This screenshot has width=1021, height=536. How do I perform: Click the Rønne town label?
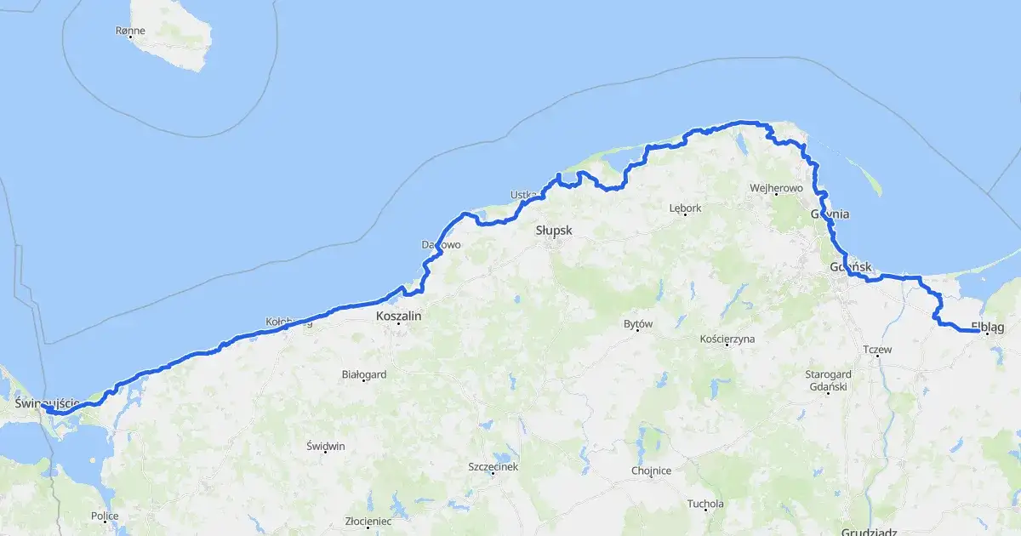130,31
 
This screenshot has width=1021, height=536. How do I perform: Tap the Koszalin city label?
398,315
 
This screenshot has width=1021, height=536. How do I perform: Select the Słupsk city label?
554,231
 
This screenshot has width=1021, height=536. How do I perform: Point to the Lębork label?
685,208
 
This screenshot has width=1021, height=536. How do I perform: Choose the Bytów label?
637,323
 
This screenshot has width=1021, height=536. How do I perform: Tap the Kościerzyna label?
727,339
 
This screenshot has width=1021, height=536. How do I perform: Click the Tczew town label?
876,350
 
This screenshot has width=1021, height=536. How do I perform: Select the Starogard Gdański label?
829,380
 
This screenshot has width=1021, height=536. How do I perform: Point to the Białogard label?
363,373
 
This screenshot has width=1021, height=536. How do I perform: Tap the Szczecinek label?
493,466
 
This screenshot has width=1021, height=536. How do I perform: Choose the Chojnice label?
651,470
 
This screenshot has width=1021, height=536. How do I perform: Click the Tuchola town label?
705,504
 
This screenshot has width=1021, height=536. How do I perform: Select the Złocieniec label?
368,521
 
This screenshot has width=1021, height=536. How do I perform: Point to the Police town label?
105,516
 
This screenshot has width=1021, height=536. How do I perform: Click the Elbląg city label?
987,327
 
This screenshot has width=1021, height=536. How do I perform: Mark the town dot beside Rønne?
130,37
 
